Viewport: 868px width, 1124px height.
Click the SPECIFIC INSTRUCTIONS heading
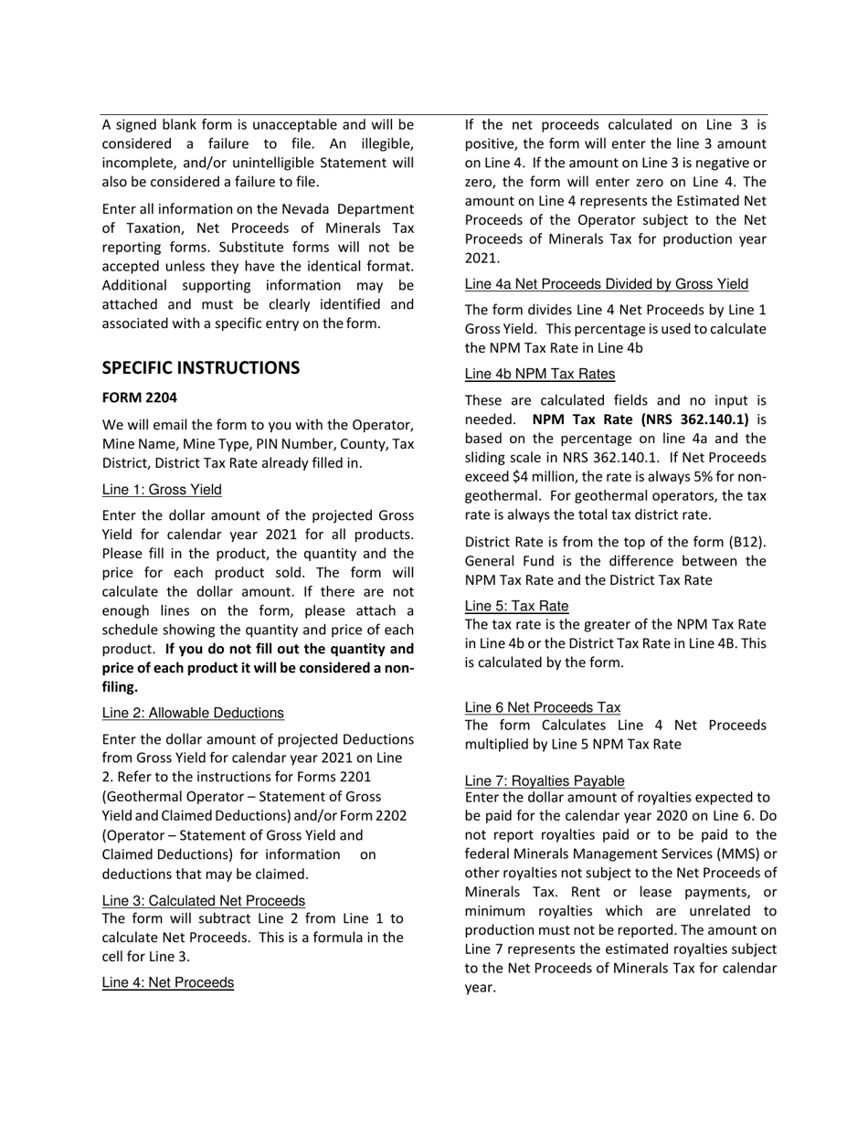[x=200, y=368]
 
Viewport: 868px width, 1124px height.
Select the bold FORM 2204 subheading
[x=139, y=398]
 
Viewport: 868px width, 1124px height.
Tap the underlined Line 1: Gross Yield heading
[x=162, y=490]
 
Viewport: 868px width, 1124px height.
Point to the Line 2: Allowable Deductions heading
[x=193, y=713]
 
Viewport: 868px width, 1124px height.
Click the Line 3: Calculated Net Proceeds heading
[x=204, y=900]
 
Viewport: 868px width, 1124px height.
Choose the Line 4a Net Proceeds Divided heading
[x=606, y=283]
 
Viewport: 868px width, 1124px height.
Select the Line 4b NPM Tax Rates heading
[x=539, y=374]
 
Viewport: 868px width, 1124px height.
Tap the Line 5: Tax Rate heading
[x=516, y=606]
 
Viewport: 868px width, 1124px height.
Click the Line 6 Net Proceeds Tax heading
[x=543, y=706]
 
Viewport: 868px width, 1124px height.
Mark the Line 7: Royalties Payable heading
[x=545, y=780]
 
